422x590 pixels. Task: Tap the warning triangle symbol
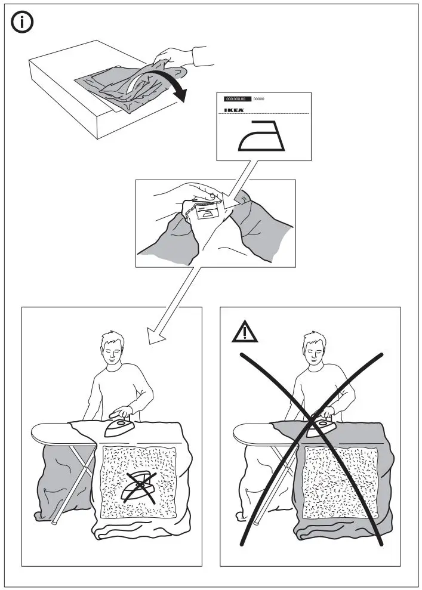(x=245, y=332)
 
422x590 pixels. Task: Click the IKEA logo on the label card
(x=233, y=110)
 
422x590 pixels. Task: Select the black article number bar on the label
(x=236, y=98)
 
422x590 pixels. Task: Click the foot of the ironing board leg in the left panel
(x=54, y=523)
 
